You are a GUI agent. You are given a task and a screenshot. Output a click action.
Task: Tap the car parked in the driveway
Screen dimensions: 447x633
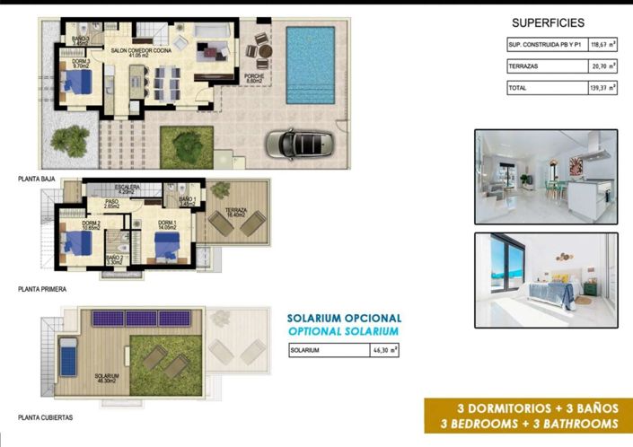tap(301, 143)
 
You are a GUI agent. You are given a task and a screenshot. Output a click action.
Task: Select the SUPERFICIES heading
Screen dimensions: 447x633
tap(548, 22)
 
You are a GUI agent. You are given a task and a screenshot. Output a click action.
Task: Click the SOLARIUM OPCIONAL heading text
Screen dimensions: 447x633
tap(344, 318)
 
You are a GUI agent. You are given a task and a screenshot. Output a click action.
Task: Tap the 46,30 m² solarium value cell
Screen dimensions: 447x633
tap(385, 350)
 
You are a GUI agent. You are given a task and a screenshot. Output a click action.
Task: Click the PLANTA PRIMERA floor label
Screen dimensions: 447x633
tap(43, 290)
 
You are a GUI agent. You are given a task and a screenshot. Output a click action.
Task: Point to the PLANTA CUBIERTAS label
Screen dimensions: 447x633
tap(46, 417)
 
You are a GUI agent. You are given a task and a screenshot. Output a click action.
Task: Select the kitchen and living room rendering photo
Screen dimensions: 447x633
tap(546, 176)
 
